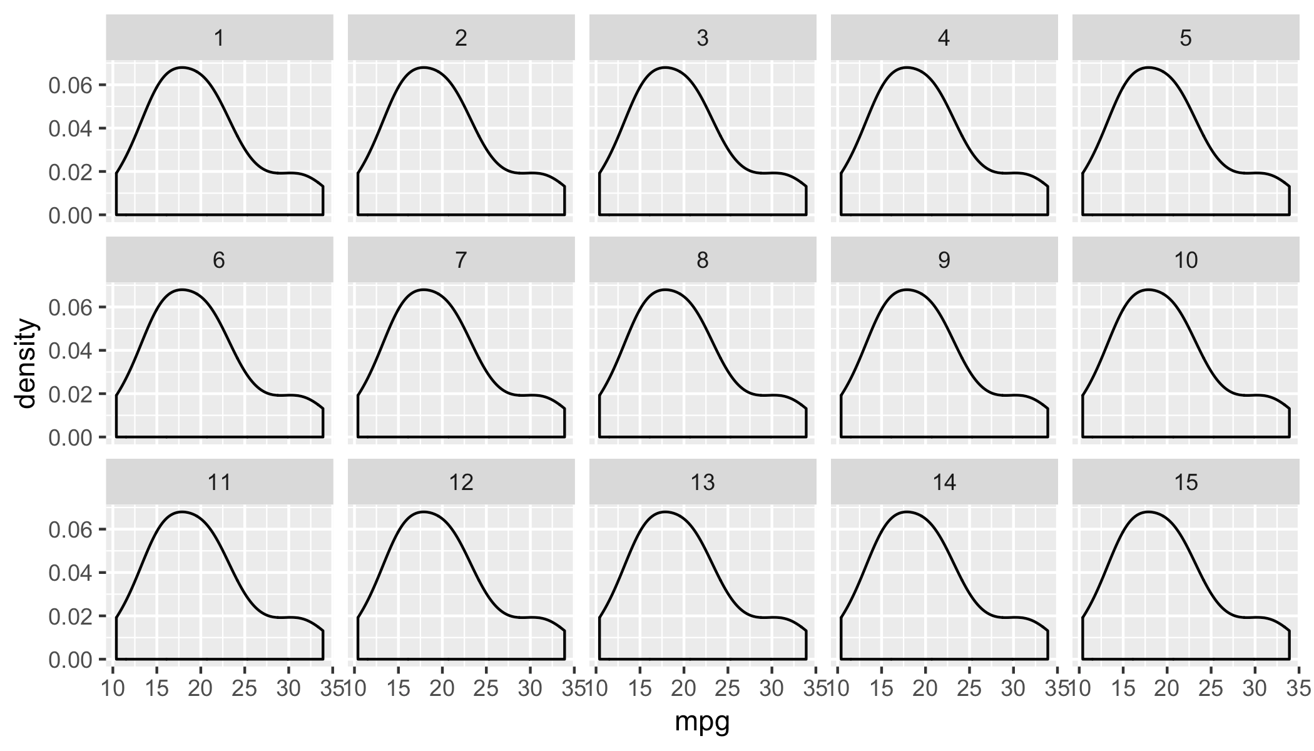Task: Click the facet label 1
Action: [x=219, y=38]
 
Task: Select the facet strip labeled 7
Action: [x=461, y=260]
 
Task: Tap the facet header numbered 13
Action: [x=702, y=483]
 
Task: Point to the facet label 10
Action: [x=1185, y=260]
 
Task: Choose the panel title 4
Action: [x=944, y=38]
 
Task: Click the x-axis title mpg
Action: [x=702, y=723]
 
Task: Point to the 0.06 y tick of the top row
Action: [x=70, y=85]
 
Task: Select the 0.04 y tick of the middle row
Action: [x=70, y=351]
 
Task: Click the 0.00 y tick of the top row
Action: [x=70, y=215]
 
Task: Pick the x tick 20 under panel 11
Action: [x=200, y=689]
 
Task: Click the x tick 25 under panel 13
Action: [x=728, y=689]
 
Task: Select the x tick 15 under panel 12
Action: [x=399, y=689]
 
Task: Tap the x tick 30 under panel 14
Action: [x=1013, y=689]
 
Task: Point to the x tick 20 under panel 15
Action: [x=1166, y=689]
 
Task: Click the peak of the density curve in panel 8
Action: [x=665, y=290]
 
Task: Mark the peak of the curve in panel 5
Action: [x=1148, y=67]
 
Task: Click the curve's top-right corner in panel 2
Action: [x=564, y=186]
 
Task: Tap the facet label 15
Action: [x=1185, y=483]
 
